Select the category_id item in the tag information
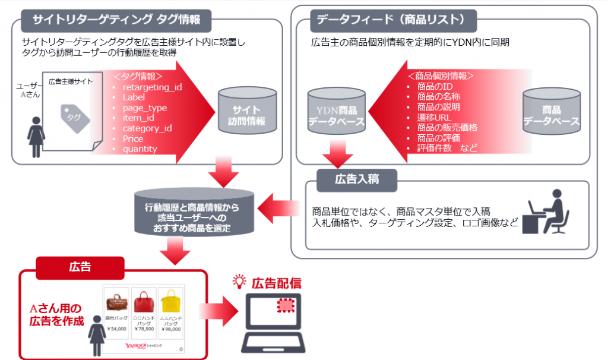coord(147,128)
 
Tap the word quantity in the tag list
coord(140,149)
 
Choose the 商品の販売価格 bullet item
coord(448,127)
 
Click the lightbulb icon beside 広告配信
coord(240,282)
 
